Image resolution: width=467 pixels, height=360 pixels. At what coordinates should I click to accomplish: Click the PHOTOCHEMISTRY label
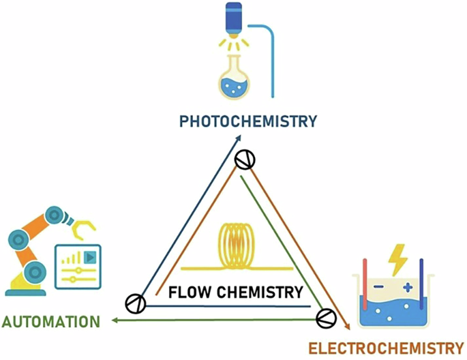pos(248,121)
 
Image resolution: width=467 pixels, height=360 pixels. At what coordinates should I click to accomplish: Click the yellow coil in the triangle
pos(235,246)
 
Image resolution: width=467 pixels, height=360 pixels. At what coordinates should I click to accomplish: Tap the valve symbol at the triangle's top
pos(244,160)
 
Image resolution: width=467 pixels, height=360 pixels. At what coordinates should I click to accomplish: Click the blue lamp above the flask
pos(235,17)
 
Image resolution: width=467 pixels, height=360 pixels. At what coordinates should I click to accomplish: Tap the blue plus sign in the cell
pos(408,288)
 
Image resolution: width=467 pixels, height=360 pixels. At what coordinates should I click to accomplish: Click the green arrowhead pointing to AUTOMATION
pos(115,320)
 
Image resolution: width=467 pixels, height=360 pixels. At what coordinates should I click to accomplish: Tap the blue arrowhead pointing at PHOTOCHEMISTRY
pos(239,138)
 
